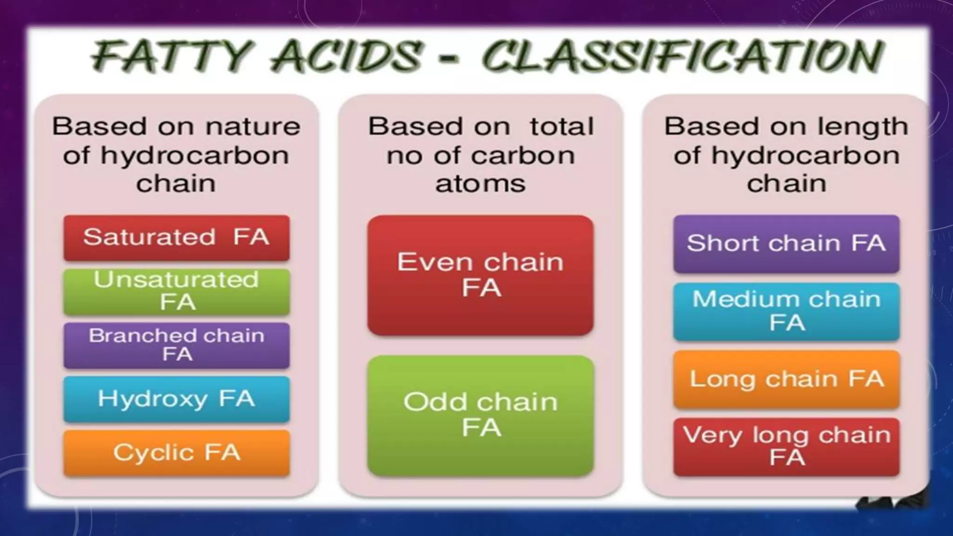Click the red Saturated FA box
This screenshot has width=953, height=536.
[176, 237]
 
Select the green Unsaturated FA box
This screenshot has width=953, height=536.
[176, 291]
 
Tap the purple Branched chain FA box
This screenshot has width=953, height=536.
[176, 345]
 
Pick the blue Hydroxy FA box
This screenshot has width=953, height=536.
[176, 399]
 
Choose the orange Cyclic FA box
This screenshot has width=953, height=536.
[176, 453]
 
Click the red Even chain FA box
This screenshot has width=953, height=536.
[480, 275]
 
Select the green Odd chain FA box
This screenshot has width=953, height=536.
[480, 415]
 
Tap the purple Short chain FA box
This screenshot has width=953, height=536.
[786, 243]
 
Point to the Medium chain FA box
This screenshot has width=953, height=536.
[786, 311]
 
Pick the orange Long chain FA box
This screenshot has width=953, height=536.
[786, 379]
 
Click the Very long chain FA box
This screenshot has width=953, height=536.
[786, 447]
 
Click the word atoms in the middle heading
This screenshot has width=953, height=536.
[480, 183]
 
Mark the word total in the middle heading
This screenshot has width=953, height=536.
[562, 127]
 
